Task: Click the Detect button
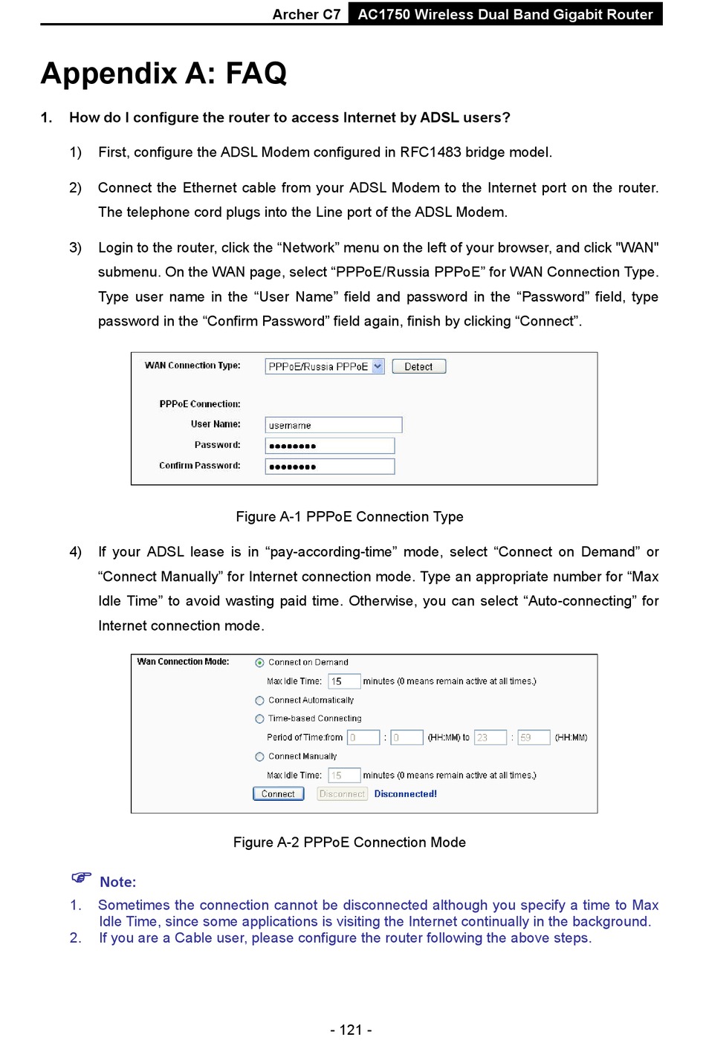pyautogui.click(x=418, y=366)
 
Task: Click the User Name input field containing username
pyautogui.click(x=333, y=425)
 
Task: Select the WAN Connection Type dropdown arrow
pyautogui.click(x=378, y=366)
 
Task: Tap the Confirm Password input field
pyautogui.click(x=329, y=467)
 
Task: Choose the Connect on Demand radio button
pyautogui.click(x=259, y=663)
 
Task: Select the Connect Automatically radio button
pyautogui.click(x=259, y=701)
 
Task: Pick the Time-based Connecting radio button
pyautogui.click(x=259, y=718)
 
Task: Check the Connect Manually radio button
pyautogui.click(x=259, y=756)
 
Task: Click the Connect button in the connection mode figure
pyautogui.click(x=278, y=793)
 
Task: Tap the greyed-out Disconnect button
pyautogui.click(x=342, y=793)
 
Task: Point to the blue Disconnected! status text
pyautogui.click(x=405, y=793)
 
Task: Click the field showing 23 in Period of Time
pyautogui.click(x=490, y=738)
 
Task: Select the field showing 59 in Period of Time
pyautogui.click(x=533, y=738)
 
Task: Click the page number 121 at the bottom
pyautogui.click(x=351, y=1030)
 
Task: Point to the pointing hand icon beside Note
pyautogui.click(x=81, y=878)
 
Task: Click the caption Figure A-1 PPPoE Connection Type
pyautogui.click(x=349, y=516)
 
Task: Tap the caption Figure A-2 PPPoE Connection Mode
pyautogui.click(x=349, y=842)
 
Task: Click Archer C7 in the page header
pyautogui.click(x=306, y=14)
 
